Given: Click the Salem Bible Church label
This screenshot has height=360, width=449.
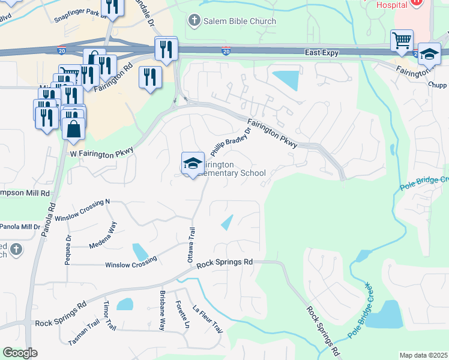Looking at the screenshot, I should click(x=240, y=21).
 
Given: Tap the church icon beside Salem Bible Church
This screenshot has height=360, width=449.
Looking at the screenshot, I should click(x=194, y=21).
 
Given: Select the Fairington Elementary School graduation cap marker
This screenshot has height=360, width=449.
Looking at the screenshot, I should click(x=193, y=163).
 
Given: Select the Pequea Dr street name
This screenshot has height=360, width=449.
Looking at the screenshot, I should click(x=68, y=247).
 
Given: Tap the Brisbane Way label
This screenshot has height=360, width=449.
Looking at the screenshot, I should click(x=162, y=311).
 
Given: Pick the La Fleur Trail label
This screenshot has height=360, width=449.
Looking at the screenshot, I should click(x=208, y=320).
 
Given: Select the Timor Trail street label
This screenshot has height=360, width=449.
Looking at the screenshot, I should click(x=110, y=316).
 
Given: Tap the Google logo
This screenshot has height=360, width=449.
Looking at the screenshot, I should click(x=19, y=353).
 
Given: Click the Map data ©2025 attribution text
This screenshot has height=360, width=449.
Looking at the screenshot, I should click(x=423, y=355).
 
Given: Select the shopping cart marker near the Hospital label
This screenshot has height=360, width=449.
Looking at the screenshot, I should click(x=402, y=41).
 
